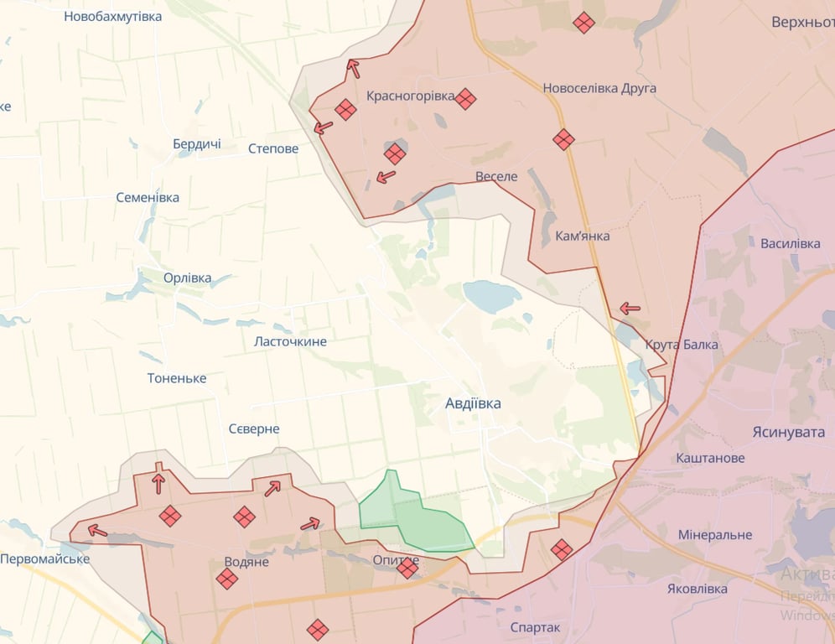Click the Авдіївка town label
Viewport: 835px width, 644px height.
(x=474, y=403)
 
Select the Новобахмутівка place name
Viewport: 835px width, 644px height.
(x=113, y=16)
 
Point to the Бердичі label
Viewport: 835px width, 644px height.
(x=197, y=144)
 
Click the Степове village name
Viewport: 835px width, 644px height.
(x=273, y=149)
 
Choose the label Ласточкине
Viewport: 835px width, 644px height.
(x=290, y=341)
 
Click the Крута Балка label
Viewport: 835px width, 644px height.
(x=681, y=345)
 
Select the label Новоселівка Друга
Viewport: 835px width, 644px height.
(x=599, y=88)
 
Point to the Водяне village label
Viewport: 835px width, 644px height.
(x=246, y=561)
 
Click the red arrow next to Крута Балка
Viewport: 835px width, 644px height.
(x=630, y=309)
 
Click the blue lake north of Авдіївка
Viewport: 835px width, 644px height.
(x=492, y=296)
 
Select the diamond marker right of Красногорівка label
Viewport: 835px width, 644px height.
(x=465, y=99)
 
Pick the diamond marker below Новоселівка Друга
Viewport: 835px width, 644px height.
(x=563, y=139)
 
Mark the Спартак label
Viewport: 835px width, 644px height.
(x=535, y=626)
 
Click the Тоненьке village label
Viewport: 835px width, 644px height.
(x=177, y=378)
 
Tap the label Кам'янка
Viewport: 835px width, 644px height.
(x=582, y=236)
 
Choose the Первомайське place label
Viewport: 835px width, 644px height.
(x=45, y=558)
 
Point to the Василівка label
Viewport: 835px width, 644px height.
(x=790, y=243)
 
